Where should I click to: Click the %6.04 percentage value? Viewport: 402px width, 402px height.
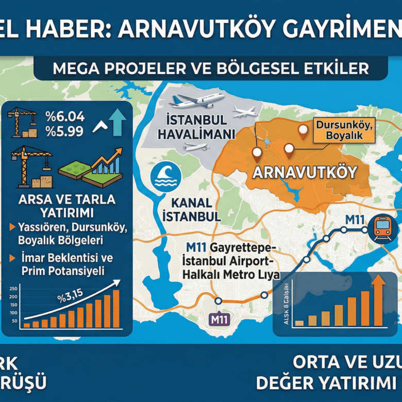[x=65, y=116]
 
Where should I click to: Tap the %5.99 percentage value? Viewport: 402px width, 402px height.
[x=65, y=131]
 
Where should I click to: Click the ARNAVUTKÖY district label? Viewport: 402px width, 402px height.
[x=305, y=172]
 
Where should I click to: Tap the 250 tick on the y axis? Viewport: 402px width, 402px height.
[x=13, y=288]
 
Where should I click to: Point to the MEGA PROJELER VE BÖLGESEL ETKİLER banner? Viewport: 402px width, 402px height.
[x=210, y=68]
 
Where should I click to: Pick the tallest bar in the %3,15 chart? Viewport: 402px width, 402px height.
[x=116, y=309]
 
